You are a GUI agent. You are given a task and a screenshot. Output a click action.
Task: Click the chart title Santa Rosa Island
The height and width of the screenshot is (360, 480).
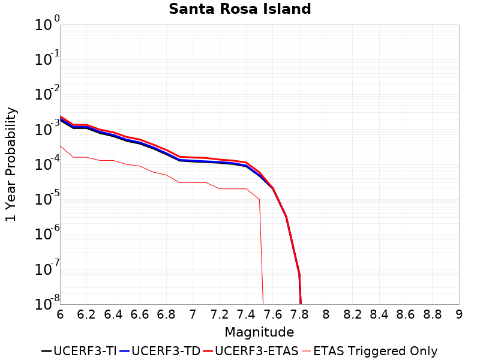point(239,9)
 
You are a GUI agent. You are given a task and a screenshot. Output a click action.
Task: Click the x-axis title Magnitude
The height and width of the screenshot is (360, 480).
point(259,332)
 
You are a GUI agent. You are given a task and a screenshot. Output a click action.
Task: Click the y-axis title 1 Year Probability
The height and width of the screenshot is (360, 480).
point(11,164)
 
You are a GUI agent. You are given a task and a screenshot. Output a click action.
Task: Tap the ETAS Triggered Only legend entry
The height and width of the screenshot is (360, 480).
point(369,351)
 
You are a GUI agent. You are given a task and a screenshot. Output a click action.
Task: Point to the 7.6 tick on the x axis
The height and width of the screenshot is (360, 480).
point(273,314)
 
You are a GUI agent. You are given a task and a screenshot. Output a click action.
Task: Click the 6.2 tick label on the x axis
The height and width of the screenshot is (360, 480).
point(86,314)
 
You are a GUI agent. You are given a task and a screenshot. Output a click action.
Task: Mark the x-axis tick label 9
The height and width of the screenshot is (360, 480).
point(459,314)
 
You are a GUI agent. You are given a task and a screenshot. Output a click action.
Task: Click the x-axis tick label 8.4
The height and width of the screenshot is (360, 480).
point(379,314)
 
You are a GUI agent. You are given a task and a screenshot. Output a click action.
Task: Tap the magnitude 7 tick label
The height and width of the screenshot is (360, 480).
point(193,314)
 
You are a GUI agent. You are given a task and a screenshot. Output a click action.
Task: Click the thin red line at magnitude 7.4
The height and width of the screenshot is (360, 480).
point(246,188)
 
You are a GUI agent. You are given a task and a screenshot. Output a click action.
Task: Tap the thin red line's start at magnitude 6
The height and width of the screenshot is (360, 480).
point(61,146)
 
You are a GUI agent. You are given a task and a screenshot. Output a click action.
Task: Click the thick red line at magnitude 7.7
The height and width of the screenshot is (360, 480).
point(286,216)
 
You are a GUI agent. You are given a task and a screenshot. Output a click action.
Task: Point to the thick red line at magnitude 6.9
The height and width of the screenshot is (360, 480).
point(179,157)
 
